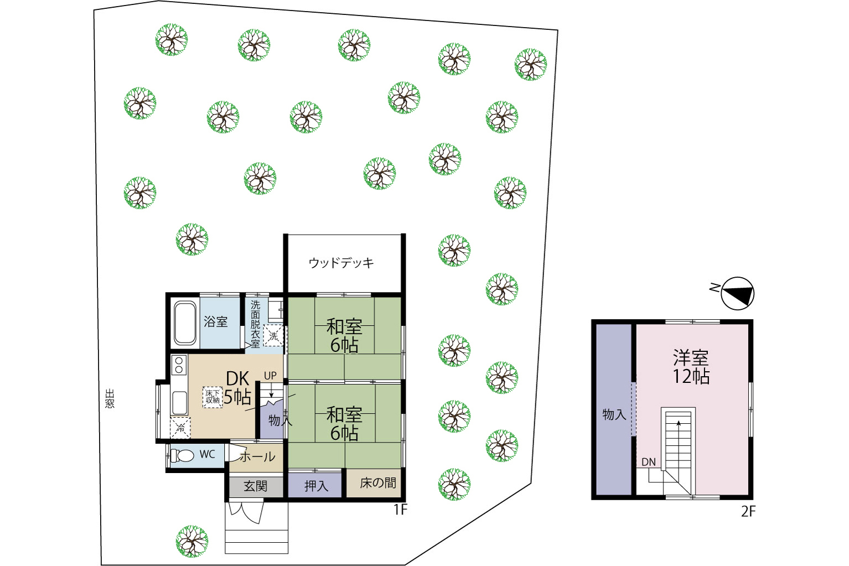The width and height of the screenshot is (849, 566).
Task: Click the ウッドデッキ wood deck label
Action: point(341,263)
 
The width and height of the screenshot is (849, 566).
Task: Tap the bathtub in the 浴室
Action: point(185,323)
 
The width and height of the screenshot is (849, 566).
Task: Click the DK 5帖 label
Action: point(237,387)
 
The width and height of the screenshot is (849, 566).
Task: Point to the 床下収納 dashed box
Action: point(213,397)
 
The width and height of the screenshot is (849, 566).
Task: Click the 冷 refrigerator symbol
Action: point(180,427)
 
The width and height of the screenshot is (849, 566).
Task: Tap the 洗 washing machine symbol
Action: point(273,336)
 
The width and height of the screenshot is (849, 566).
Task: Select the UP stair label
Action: point(270,376)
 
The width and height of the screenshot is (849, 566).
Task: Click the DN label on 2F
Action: point(649,462)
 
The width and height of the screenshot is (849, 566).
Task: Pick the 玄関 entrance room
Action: point(256,486)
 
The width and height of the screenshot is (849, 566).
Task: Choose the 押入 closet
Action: point(315,485)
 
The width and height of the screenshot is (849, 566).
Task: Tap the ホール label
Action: point(257,456)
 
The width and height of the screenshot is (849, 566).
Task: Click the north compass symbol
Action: point(737,293)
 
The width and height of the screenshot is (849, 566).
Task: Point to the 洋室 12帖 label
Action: point(691,367)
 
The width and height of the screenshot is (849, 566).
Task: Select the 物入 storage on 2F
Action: point(614,409)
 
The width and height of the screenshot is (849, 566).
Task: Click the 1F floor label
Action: point(400,510)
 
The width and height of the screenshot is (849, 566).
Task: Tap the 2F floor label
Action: point(748,512)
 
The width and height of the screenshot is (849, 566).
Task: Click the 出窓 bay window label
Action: point(110,398)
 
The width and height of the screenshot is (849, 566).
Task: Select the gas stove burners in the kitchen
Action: point(179,365)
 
